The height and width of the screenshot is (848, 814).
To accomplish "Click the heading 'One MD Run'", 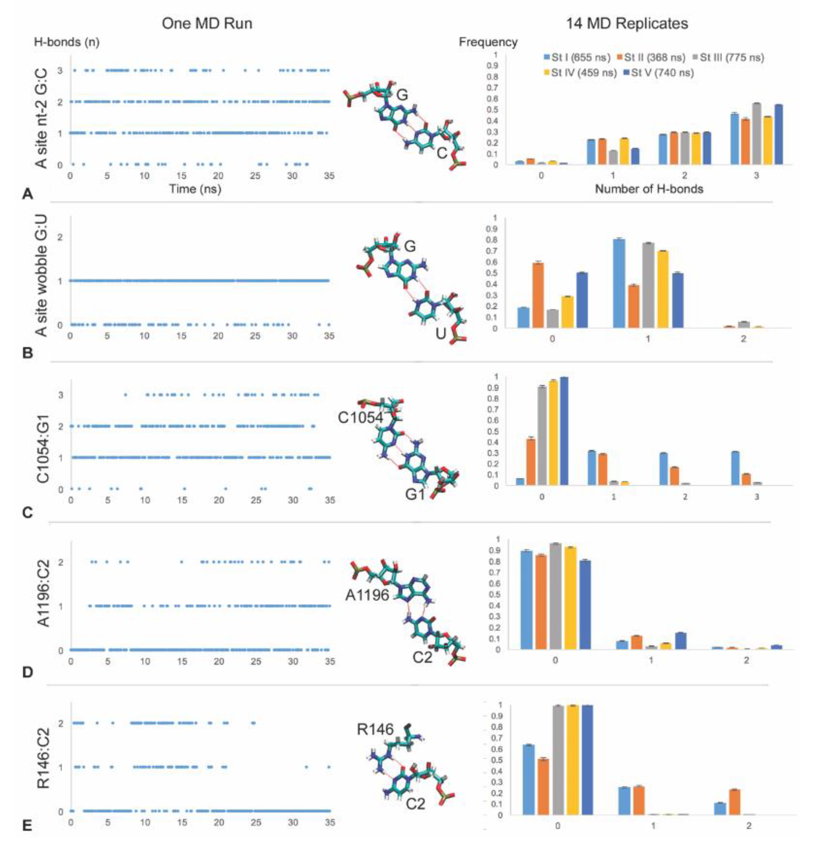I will point(207,23).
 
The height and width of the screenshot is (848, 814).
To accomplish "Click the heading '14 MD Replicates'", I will point(626,23).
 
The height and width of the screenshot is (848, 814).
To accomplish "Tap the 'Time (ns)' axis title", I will point(195,189).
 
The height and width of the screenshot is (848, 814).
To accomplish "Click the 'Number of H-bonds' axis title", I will point(649,189).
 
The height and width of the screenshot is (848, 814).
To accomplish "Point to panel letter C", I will point(27,513).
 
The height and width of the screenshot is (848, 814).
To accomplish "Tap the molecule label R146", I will point(375,729).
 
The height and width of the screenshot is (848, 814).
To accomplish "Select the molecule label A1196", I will point(367,596).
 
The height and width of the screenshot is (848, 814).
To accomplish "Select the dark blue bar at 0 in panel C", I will point(564,431).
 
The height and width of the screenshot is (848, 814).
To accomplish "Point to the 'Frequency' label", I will point(488,42).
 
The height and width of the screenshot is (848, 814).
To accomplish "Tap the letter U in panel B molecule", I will point(440,333).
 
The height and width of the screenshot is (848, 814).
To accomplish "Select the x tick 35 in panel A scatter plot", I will point(329,176).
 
